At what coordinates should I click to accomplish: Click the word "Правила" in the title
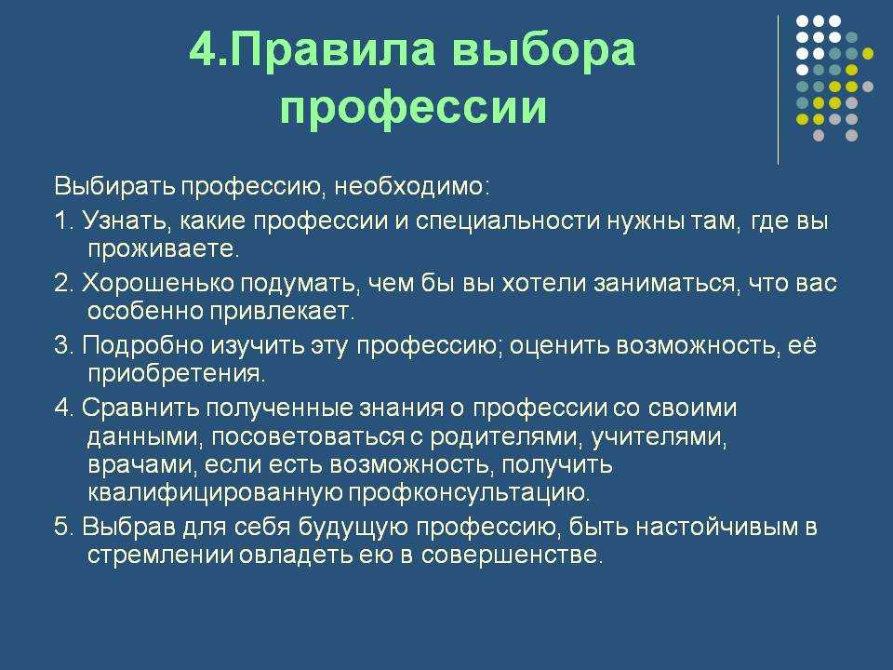click(x=333, y=50)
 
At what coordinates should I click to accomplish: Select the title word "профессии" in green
click(x=413, y=108)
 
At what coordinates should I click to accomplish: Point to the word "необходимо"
click(x=408, y=187)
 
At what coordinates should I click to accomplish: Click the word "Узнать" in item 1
click(x=127, y=221)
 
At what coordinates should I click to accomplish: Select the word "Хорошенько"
click(x=158, y=283)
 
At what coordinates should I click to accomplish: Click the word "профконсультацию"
click(x=466, y=493)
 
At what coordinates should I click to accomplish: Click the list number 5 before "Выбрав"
click(x=61, y=527)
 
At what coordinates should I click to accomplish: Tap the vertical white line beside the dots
click(x=778, y=90)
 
